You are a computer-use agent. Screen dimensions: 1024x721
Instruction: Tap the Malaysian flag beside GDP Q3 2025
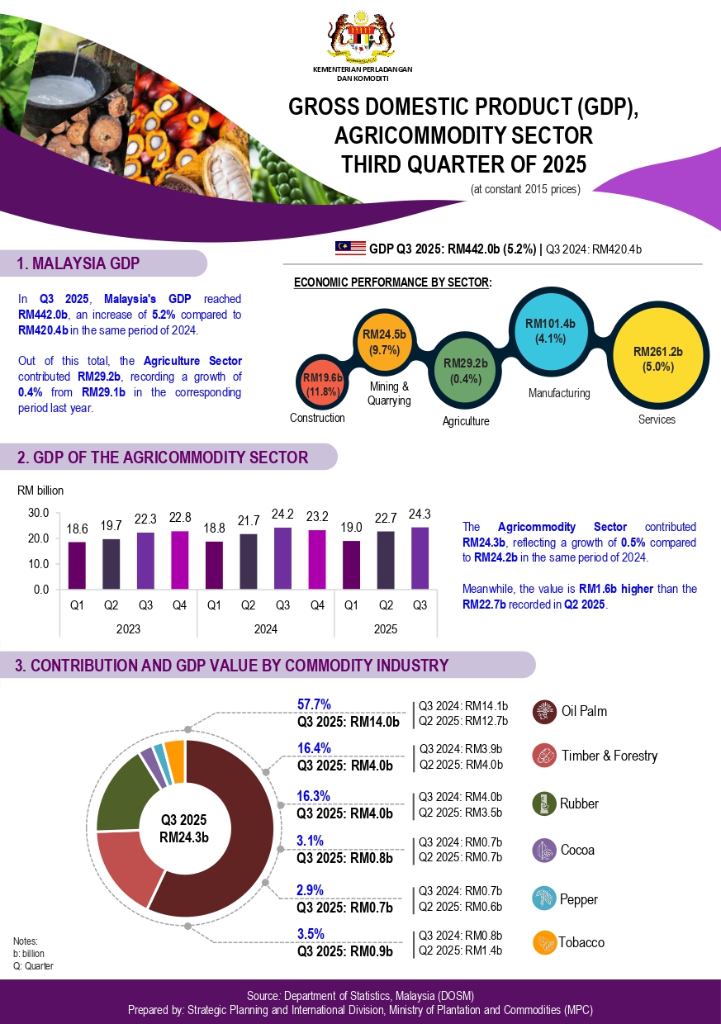pos(350,248)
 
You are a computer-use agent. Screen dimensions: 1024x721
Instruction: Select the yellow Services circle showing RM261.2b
pos(657,358)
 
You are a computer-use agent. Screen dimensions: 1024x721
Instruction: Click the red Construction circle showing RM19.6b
pos(321,384)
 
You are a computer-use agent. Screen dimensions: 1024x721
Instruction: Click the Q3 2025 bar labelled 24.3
pos(420,558)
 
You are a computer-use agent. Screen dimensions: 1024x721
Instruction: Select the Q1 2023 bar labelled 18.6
pos(77,566)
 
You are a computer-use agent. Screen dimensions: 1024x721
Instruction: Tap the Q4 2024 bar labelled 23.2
pos(317,559)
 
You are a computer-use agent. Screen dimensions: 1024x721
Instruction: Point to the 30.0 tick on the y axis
pos(39,513)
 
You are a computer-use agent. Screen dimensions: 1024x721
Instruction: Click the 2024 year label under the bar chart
pos(265,629)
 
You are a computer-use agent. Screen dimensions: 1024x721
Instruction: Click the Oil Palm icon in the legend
pos(543,711)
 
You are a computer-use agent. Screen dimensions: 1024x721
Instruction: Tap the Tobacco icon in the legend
pos(543,942)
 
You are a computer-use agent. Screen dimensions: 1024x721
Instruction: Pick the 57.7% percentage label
pos(314,705)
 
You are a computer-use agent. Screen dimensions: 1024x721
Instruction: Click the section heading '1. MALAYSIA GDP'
pos(78,263)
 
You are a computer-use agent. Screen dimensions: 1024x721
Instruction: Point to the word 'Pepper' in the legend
pos(578,899)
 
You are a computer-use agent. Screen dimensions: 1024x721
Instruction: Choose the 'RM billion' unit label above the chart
pos(40,491)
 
